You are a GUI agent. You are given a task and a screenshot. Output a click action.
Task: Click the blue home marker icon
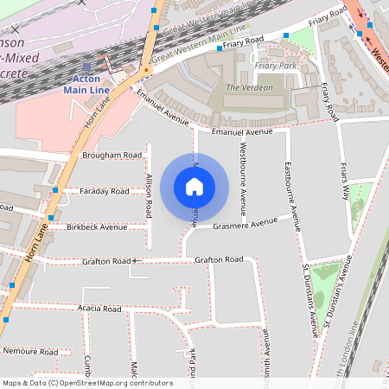tap(194, 186)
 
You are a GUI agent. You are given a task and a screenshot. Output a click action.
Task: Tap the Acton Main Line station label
tap(86, 82)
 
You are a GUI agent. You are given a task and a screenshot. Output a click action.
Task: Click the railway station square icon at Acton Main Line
tap(86, 66)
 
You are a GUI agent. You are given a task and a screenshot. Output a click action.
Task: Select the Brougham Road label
tap(112, 156)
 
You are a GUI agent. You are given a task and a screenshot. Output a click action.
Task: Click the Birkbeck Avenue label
tap(96, 227)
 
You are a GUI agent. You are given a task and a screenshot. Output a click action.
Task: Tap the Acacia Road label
tap(100, 308)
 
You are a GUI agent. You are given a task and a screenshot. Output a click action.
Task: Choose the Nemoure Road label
tap(29, 352)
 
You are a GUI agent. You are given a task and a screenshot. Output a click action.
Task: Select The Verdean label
tap(249, 87)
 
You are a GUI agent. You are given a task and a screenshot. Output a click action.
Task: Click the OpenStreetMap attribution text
tap(87, 383)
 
